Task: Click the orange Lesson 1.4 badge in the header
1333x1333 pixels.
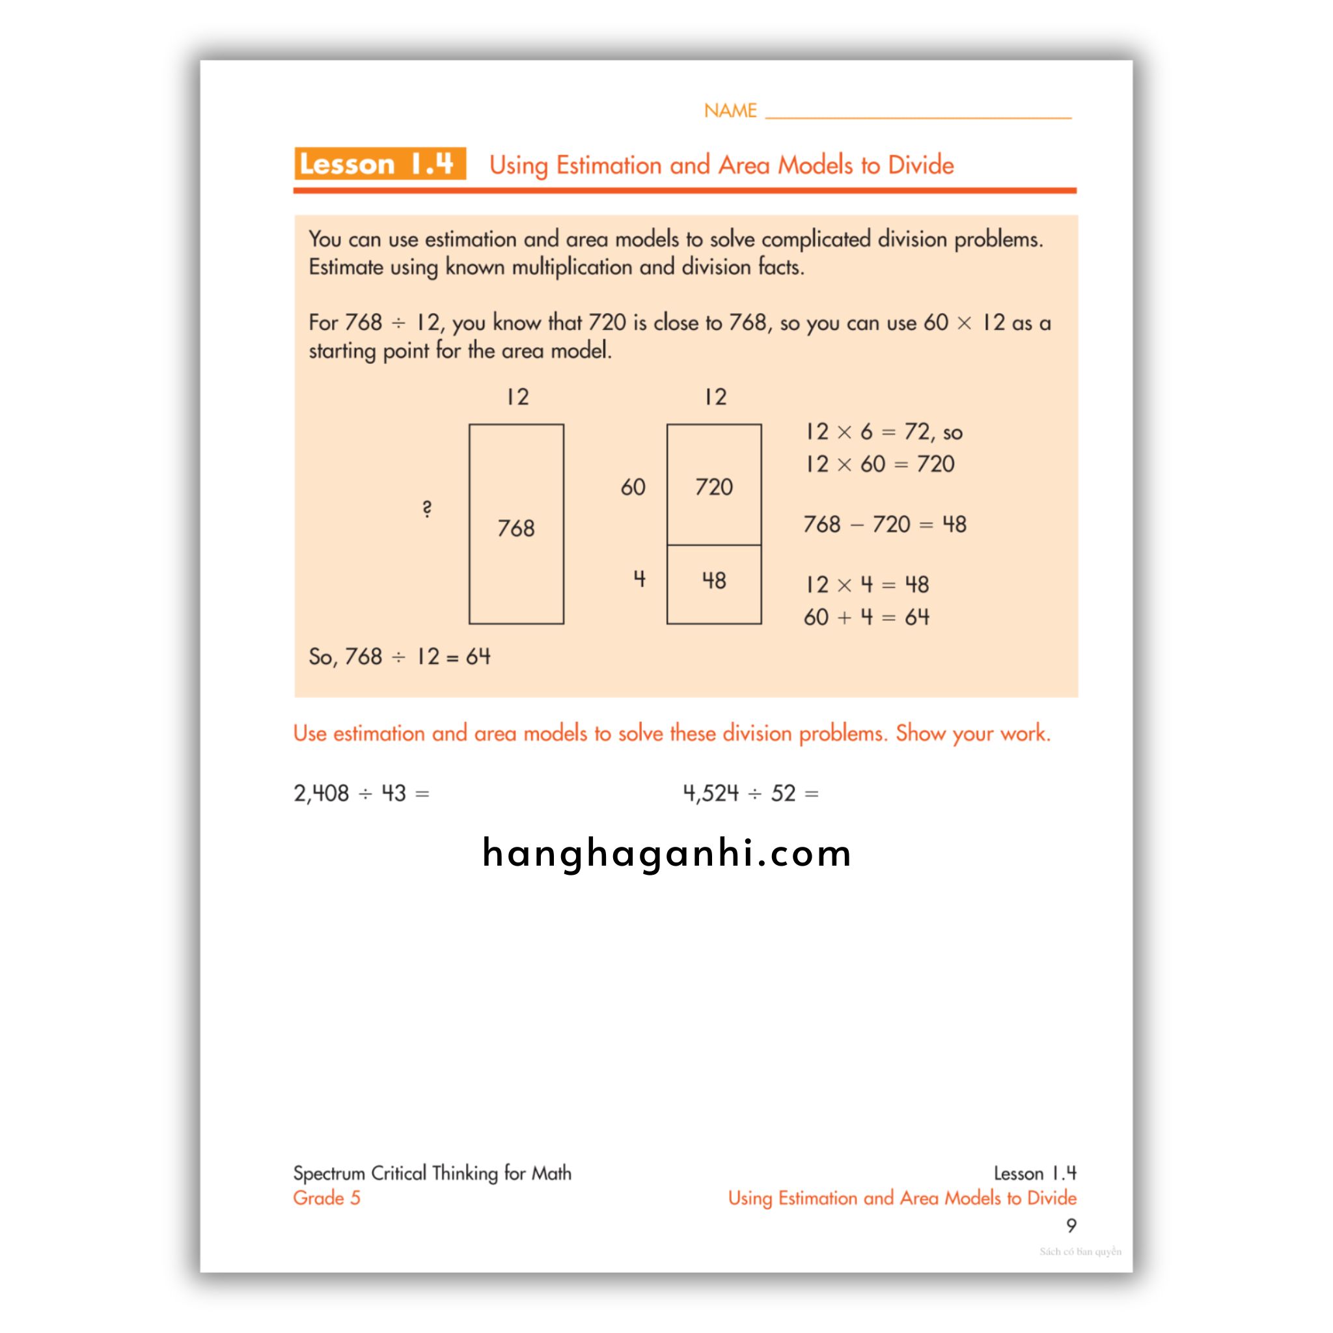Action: tap(379, 164)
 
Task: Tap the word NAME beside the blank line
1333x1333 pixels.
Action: tap(730, 111)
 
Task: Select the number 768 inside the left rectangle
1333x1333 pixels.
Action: tap(516, 529)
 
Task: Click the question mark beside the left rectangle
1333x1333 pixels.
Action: tap(427, 509)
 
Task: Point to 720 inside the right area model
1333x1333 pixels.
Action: tap(713, 487)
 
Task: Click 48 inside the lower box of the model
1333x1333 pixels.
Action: tap(713, 581)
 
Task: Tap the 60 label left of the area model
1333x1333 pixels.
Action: tap(633, 487)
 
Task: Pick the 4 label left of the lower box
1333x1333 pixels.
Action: tap(640, 579)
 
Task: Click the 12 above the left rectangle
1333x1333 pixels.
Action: tap(517, 397)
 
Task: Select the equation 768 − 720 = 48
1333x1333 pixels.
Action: tap(885, 525)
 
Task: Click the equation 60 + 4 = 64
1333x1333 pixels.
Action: tap(866, 617)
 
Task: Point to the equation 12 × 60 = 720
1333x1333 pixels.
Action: tap(880, 463)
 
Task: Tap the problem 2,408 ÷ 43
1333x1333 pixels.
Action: tap(361, 793)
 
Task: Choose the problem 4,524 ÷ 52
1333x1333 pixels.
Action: tap(750, 793)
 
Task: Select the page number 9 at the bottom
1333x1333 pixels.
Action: tap(1071, 1226)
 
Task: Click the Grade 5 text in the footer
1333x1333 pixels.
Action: tap(326, 1198)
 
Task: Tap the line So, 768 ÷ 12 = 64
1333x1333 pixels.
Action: tap(400, 656)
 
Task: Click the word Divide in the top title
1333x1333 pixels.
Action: tap(920, 165)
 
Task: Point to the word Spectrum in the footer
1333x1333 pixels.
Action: tap(329, 1173)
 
